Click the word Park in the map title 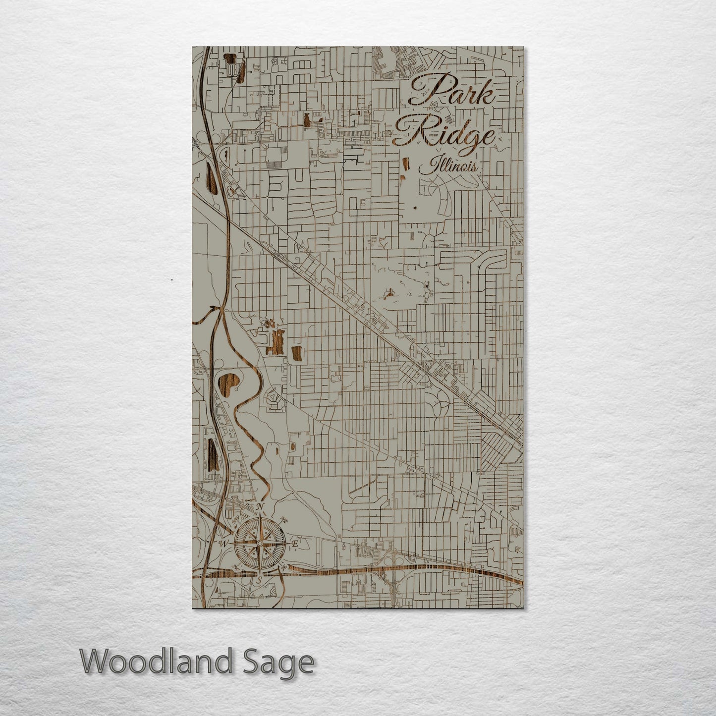450,92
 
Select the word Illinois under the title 448,165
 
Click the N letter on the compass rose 260,507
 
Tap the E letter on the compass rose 294,544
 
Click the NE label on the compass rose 284,520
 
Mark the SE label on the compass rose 284,568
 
